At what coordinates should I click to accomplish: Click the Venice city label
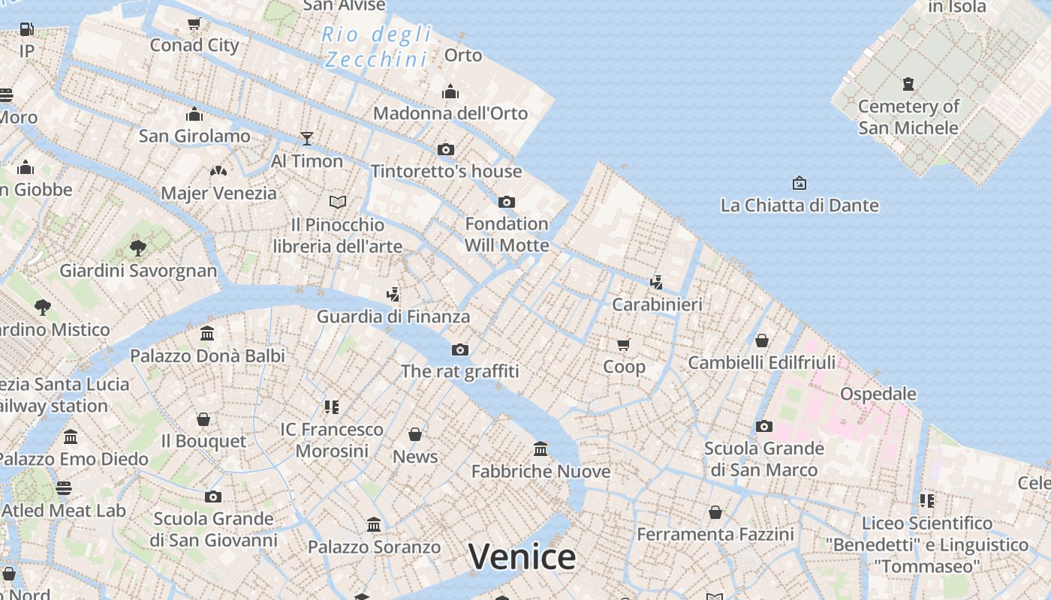click(522, 556)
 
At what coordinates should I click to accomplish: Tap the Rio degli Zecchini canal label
click(378, 46)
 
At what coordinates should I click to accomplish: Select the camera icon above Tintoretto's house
click(446, 149)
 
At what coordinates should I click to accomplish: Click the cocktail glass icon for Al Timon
click(306, 139)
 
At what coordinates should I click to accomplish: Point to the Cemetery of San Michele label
click(908, 117)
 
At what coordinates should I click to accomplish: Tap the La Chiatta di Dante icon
click(800, 183)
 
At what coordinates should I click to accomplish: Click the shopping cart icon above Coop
click(624, 345)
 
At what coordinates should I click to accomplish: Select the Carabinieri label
click(657, 304)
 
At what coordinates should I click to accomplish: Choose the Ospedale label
click(878, 394)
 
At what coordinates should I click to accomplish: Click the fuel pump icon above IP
click(27, 29)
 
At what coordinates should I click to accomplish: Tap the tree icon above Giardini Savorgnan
click(137, 247)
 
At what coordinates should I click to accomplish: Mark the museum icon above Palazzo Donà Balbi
click(207, 333)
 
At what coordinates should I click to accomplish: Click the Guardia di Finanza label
click(393, 316)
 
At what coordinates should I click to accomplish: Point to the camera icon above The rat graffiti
click(460, 349)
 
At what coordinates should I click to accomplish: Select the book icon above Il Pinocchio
click(338, 202)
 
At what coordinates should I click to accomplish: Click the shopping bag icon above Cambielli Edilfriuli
click(762, 340)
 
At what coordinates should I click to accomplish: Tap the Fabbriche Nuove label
click(541, 472)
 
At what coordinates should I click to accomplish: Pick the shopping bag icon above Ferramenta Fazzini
click(715, 512)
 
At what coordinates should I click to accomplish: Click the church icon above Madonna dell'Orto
click(450, 91)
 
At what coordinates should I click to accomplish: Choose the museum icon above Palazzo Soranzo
click(374, 525)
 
